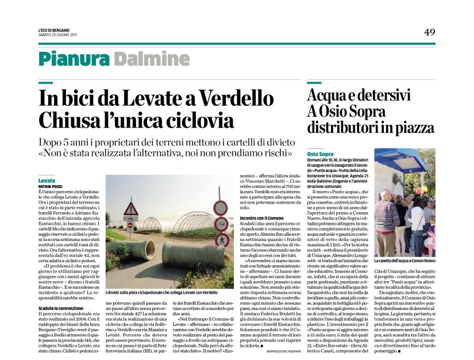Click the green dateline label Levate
47,181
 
